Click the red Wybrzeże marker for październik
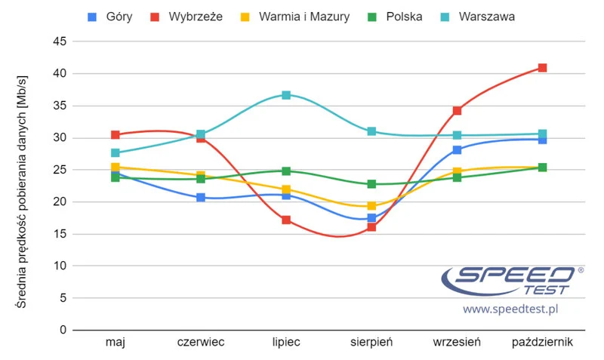click(542, 68)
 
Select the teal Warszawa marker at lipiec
click(286, 95)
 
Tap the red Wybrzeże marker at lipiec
click(286, 220)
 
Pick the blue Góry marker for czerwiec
click(201, 198)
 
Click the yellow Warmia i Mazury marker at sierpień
click(371, 206)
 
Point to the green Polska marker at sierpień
click(371, 184)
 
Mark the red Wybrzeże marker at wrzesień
click(457, 111)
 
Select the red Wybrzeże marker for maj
click(116, 135)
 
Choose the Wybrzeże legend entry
click(188, 16)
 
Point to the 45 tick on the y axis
click(59, 42)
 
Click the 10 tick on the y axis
click(59, 266)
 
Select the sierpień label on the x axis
click(371, 343)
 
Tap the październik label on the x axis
click(542, 343)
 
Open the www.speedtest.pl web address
click(510, 309)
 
